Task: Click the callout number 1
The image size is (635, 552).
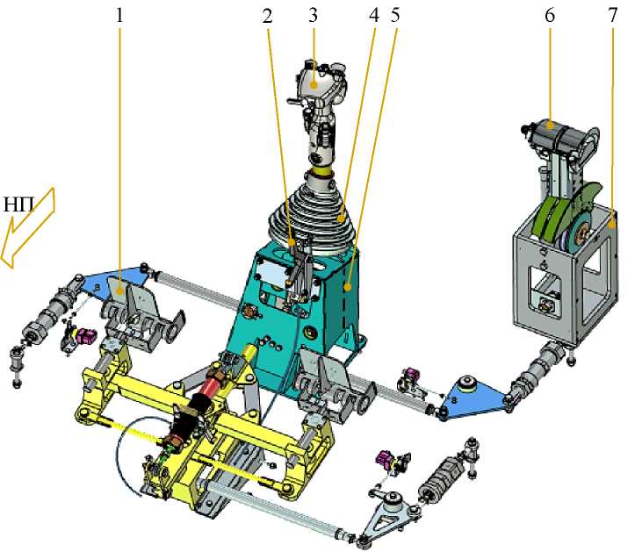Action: point(119,16)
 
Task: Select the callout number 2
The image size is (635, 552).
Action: point(267,16)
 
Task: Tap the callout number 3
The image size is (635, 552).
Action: point(313,16)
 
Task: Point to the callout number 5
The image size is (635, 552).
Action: point(395,15)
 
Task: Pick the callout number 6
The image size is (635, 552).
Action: point(550,16)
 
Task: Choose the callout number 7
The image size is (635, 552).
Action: point(612,16)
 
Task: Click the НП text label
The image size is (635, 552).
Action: point(18,205)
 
